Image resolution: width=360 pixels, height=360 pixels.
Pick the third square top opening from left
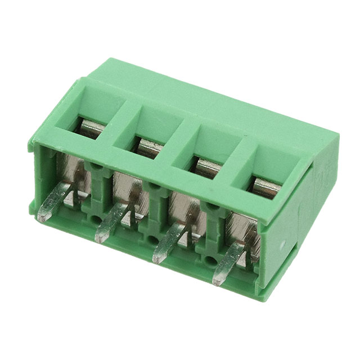pos(204,163)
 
